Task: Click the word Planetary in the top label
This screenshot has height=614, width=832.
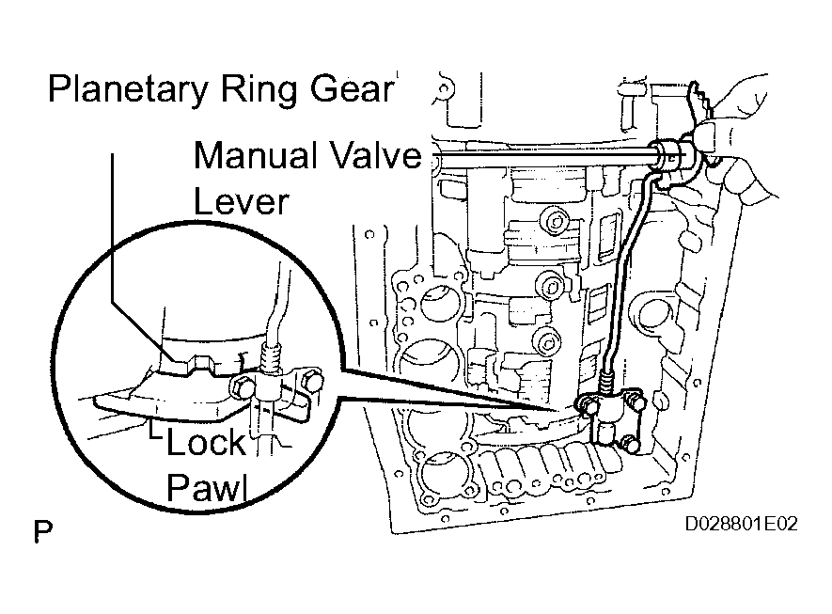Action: click(127, 88)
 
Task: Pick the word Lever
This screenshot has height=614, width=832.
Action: click(241, 201)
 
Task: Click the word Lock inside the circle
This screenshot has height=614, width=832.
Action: click(207, 443)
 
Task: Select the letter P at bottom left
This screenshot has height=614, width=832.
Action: click(43, 531)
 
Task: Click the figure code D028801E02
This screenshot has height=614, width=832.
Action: click(741, 524)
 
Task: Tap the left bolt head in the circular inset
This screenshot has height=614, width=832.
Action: click(241, 386)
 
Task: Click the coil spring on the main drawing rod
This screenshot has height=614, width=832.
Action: click(606, 382)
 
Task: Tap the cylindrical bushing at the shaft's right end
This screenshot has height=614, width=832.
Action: click(669, 155)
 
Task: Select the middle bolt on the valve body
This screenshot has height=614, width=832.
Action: click(550, 287)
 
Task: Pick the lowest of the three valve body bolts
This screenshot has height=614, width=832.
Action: click(546, 341)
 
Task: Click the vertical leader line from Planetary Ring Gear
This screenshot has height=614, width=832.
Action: click(112, 228)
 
